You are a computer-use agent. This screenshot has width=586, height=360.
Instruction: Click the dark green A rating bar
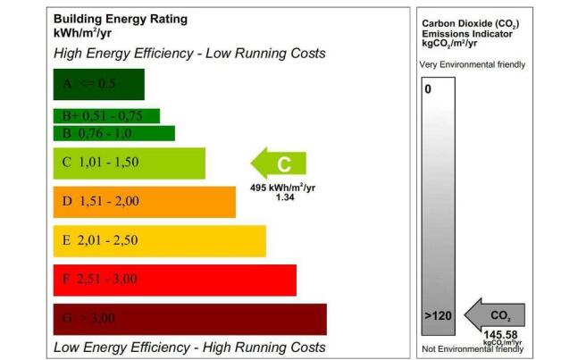click(98, 84)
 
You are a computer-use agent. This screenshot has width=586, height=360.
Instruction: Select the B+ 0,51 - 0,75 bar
click(106, 115)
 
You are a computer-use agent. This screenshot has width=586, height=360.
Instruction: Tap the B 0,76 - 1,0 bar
click(113, 133)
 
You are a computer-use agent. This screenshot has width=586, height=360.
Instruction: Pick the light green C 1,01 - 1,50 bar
click(129, 163)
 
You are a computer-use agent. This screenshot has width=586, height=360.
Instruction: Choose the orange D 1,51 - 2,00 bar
click(144, 201)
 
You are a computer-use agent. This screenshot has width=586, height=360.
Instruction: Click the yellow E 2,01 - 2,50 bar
click(159, 240)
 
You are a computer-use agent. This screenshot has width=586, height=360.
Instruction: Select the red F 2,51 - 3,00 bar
click(174, 279)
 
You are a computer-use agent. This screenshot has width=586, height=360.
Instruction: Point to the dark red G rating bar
click(189, 318)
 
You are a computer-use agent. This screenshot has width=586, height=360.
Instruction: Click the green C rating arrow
click(279, 163)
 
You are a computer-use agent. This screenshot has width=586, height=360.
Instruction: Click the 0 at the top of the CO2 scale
click(428, 89)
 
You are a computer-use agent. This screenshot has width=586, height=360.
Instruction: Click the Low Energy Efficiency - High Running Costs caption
click(189, 347)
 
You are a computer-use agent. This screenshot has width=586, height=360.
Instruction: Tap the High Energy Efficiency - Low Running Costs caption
click(189, 54)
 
